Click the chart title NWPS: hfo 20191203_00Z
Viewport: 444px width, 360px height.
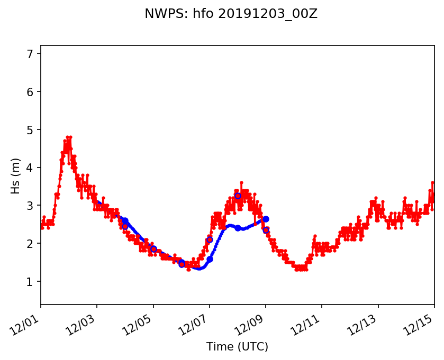231,14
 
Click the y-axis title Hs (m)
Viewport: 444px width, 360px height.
16,176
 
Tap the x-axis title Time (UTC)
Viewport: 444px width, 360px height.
237,347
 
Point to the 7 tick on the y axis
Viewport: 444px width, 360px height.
30,54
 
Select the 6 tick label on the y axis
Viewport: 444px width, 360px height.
30,92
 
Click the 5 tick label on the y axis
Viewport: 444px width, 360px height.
30,130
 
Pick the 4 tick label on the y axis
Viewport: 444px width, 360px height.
30,168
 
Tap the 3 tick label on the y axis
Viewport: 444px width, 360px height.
30,206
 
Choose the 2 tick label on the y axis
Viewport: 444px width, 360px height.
30,244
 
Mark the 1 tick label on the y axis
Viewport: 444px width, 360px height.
30,282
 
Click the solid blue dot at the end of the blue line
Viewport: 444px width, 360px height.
266,219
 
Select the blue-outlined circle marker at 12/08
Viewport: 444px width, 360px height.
238,196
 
